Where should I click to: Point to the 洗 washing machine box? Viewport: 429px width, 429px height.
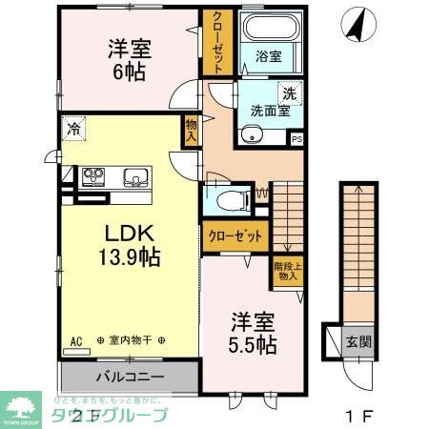(x=289, y=93)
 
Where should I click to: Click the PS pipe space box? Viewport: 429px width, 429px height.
(x=296, y=139)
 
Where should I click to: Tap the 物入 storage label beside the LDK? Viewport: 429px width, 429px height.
(x=192, y=128)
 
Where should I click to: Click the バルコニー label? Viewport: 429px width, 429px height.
(x=129, y=376)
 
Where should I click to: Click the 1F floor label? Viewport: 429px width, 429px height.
(x=357, y=415)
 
